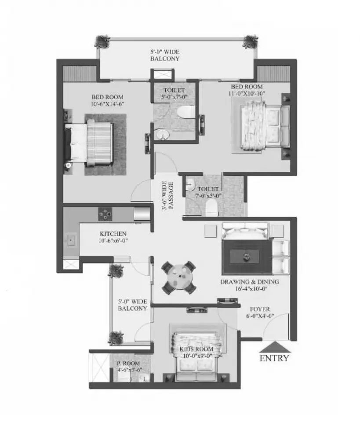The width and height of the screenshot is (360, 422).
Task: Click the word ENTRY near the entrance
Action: point(274,358)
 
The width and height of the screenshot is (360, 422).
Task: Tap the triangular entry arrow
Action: point(275,347)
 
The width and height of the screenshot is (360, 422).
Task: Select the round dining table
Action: point(179,277)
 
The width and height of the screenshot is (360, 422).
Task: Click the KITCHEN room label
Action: point(113,233)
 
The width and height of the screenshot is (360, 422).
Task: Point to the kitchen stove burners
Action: point(105,214)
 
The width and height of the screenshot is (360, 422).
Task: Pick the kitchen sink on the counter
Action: point(71,240)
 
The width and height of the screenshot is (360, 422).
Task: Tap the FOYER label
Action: point(260,309)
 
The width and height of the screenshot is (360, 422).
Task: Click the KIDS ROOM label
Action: point(196,349)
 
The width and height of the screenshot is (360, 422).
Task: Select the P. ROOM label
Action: point(128,364)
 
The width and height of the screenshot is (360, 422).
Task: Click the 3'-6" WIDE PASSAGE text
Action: point(167,196)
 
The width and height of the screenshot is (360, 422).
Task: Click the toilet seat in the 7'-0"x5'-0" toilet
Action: point(211,209)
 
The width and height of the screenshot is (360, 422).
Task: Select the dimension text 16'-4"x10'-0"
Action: point(249,289)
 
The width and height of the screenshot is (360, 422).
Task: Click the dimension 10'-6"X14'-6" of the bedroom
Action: point(108,104)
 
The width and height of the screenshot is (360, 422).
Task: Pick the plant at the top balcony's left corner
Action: point(102,42)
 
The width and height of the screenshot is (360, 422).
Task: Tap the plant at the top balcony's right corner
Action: point(251,42)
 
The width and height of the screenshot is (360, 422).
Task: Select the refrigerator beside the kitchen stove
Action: point(142,215)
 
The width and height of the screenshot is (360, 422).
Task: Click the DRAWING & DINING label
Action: point(249,282)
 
